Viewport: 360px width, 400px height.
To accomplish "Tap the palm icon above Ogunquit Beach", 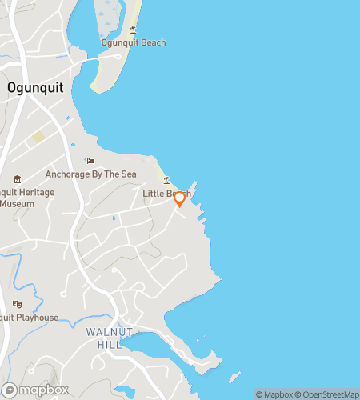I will [133, 30].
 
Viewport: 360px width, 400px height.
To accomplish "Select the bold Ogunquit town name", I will [36, 88].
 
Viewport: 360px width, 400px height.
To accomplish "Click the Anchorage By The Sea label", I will [90, 174].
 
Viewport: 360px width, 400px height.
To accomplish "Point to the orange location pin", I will [180, 198].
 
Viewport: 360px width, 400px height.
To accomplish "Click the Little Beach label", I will [166, 194].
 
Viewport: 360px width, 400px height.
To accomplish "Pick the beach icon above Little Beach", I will [166, 179].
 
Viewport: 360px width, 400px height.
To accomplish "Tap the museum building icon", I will [17, 179].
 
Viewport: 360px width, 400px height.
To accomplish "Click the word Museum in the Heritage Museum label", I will [17, 204].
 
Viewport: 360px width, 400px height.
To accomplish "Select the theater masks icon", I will [17, 304].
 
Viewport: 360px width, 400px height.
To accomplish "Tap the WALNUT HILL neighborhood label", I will [104, 338].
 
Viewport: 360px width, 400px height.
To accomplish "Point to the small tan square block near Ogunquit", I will [38, 138].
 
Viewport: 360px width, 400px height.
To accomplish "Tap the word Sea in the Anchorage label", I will [127, 174].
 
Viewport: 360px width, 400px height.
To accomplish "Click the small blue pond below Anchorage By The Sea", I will [113, 218].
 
